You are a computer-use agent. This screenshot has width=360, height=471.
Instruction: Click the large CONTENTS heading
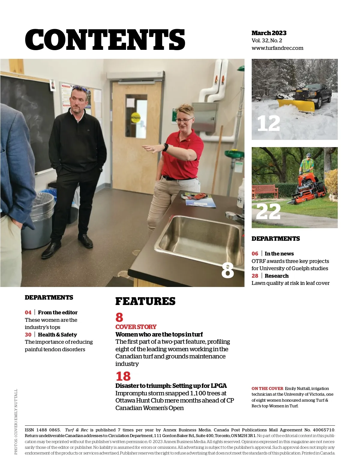pos(105,40)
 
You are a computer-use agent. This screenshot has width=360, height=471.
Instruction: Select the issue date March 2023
pos(269,33)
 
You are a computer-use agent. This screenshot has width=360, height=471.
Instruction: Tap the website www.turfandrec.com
pos(277,48)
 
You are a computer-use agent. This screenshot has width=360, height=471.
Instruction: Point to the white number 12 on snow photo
pos(268,123)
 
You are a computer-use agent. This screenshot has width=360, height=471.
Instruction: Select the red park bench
pos(265,191)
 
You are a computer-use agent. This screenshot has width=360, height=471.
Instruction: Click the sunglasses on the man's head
pos(80,89)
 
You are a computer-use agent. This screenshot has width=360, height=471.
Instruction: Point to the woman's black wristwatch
pos(166,147)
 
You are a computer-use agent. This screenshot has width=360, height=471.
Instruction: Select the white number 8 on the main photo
pos(227,271)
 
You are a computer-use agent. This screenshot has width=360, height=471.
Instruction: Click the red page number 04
pos(28,312)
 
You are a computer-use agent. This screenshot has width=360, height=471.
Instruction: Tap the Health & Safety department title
pos(57,335)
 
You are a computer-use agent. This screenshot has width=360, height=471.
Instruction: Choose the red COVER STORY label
pos(136,327)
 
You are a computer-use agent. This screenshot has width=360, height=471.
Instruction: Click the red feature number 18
pos(123,376)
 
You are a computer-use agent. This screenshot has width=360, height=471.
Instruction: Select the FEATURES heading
pos(145,301)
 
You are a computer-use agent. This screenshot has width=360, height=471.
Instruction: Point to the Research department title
pos(276,276)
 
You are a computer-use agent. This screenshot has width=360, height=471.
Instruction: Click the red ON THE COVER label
pos(267,388)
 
